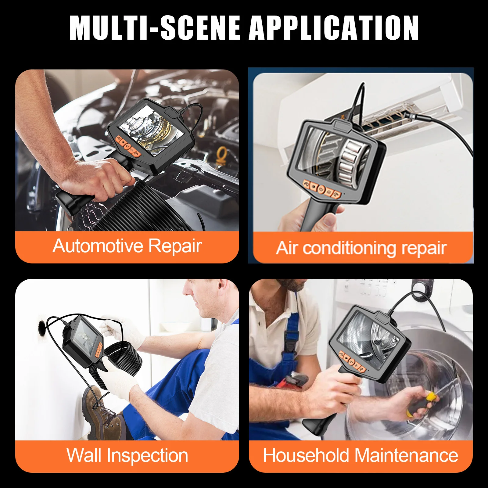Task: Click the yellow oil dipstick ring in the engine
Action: point(222,152)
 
